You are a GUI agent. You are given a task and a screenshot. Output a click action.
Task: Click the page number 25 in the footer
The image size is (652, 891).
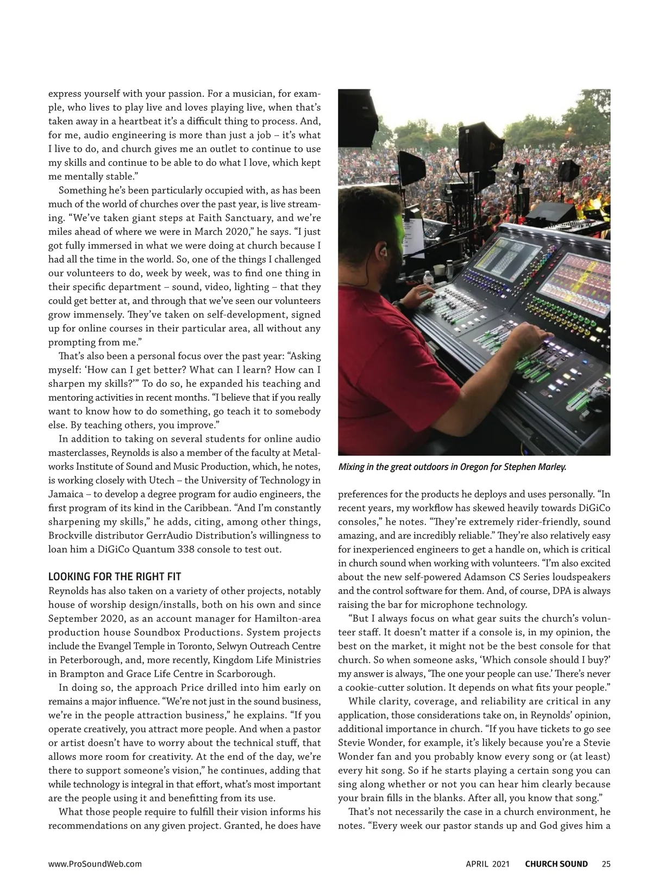pyautogui.click(x=606, y=864)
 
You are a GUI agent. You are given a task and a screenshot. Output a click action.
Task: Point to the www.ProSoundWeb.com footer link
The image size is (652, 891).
pyautogui.click(x=95, y=864)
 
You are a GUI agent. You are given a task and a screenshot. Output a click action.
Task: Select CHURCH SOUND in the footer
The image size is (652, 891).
pyautogui.click(x=556, y=864)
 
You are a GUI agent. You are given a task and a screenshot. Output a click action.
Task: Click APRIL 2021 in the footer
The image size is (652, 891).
pyautogui.click(x=488, y=864)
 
